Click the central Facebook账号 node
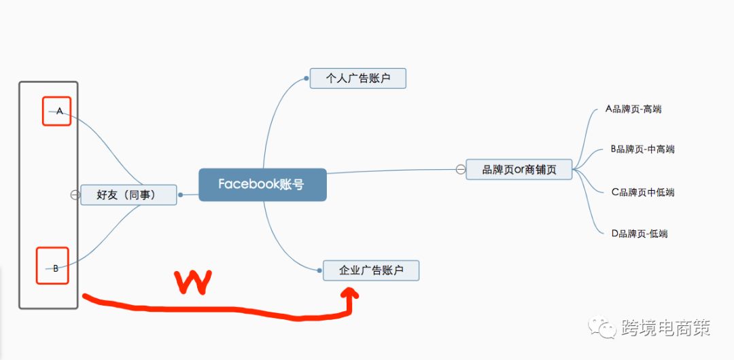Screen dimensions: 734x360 262,185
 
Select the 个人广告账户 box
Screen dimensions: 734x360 357,78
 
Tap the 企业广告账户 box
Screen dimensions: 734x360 371,270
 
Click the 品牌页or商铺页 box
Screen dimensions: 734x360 519,169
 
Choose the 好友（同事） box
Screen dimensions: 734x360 128,195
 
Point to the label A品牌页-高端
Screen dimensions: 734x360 633,109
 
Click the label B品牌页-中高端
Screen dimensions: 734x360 643,149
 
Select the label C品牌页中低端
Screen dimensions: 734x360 643,192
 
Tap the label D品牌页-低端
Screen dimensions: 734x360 640,234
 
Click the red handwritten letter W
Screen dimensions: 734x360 193,283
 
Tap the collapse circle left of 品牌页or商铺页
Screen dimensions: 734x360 461,169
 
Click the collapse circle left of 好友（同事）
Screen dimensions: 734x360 75,195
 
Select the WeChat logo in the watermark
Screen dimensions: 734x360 602,327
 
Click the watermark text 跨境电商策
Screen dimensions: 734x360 665,327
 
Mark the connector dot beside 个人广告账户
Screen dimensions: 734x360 306,79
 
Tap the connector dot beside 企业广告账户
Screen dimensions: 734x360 319,270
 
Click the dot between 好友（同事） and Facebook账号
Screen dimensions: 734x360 181,195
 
